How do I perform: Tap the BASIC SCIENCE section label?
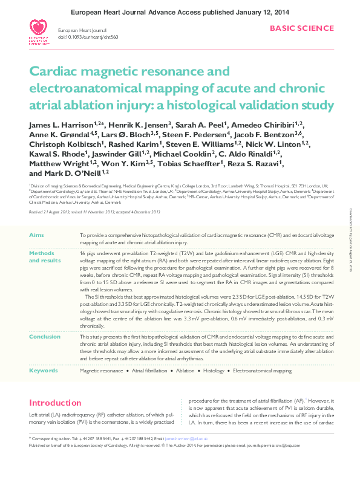[x=301, y=28]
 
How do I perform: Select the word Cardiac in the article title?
[x=53, y=73]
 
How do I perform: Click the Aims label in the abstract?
[x=36, y=234]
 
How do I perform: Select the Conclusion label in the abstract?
[x=45, y=337]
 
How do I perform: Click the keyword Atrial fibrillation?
[x=149, y=370]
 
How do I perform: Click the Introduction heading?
[x=55, y=403]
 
